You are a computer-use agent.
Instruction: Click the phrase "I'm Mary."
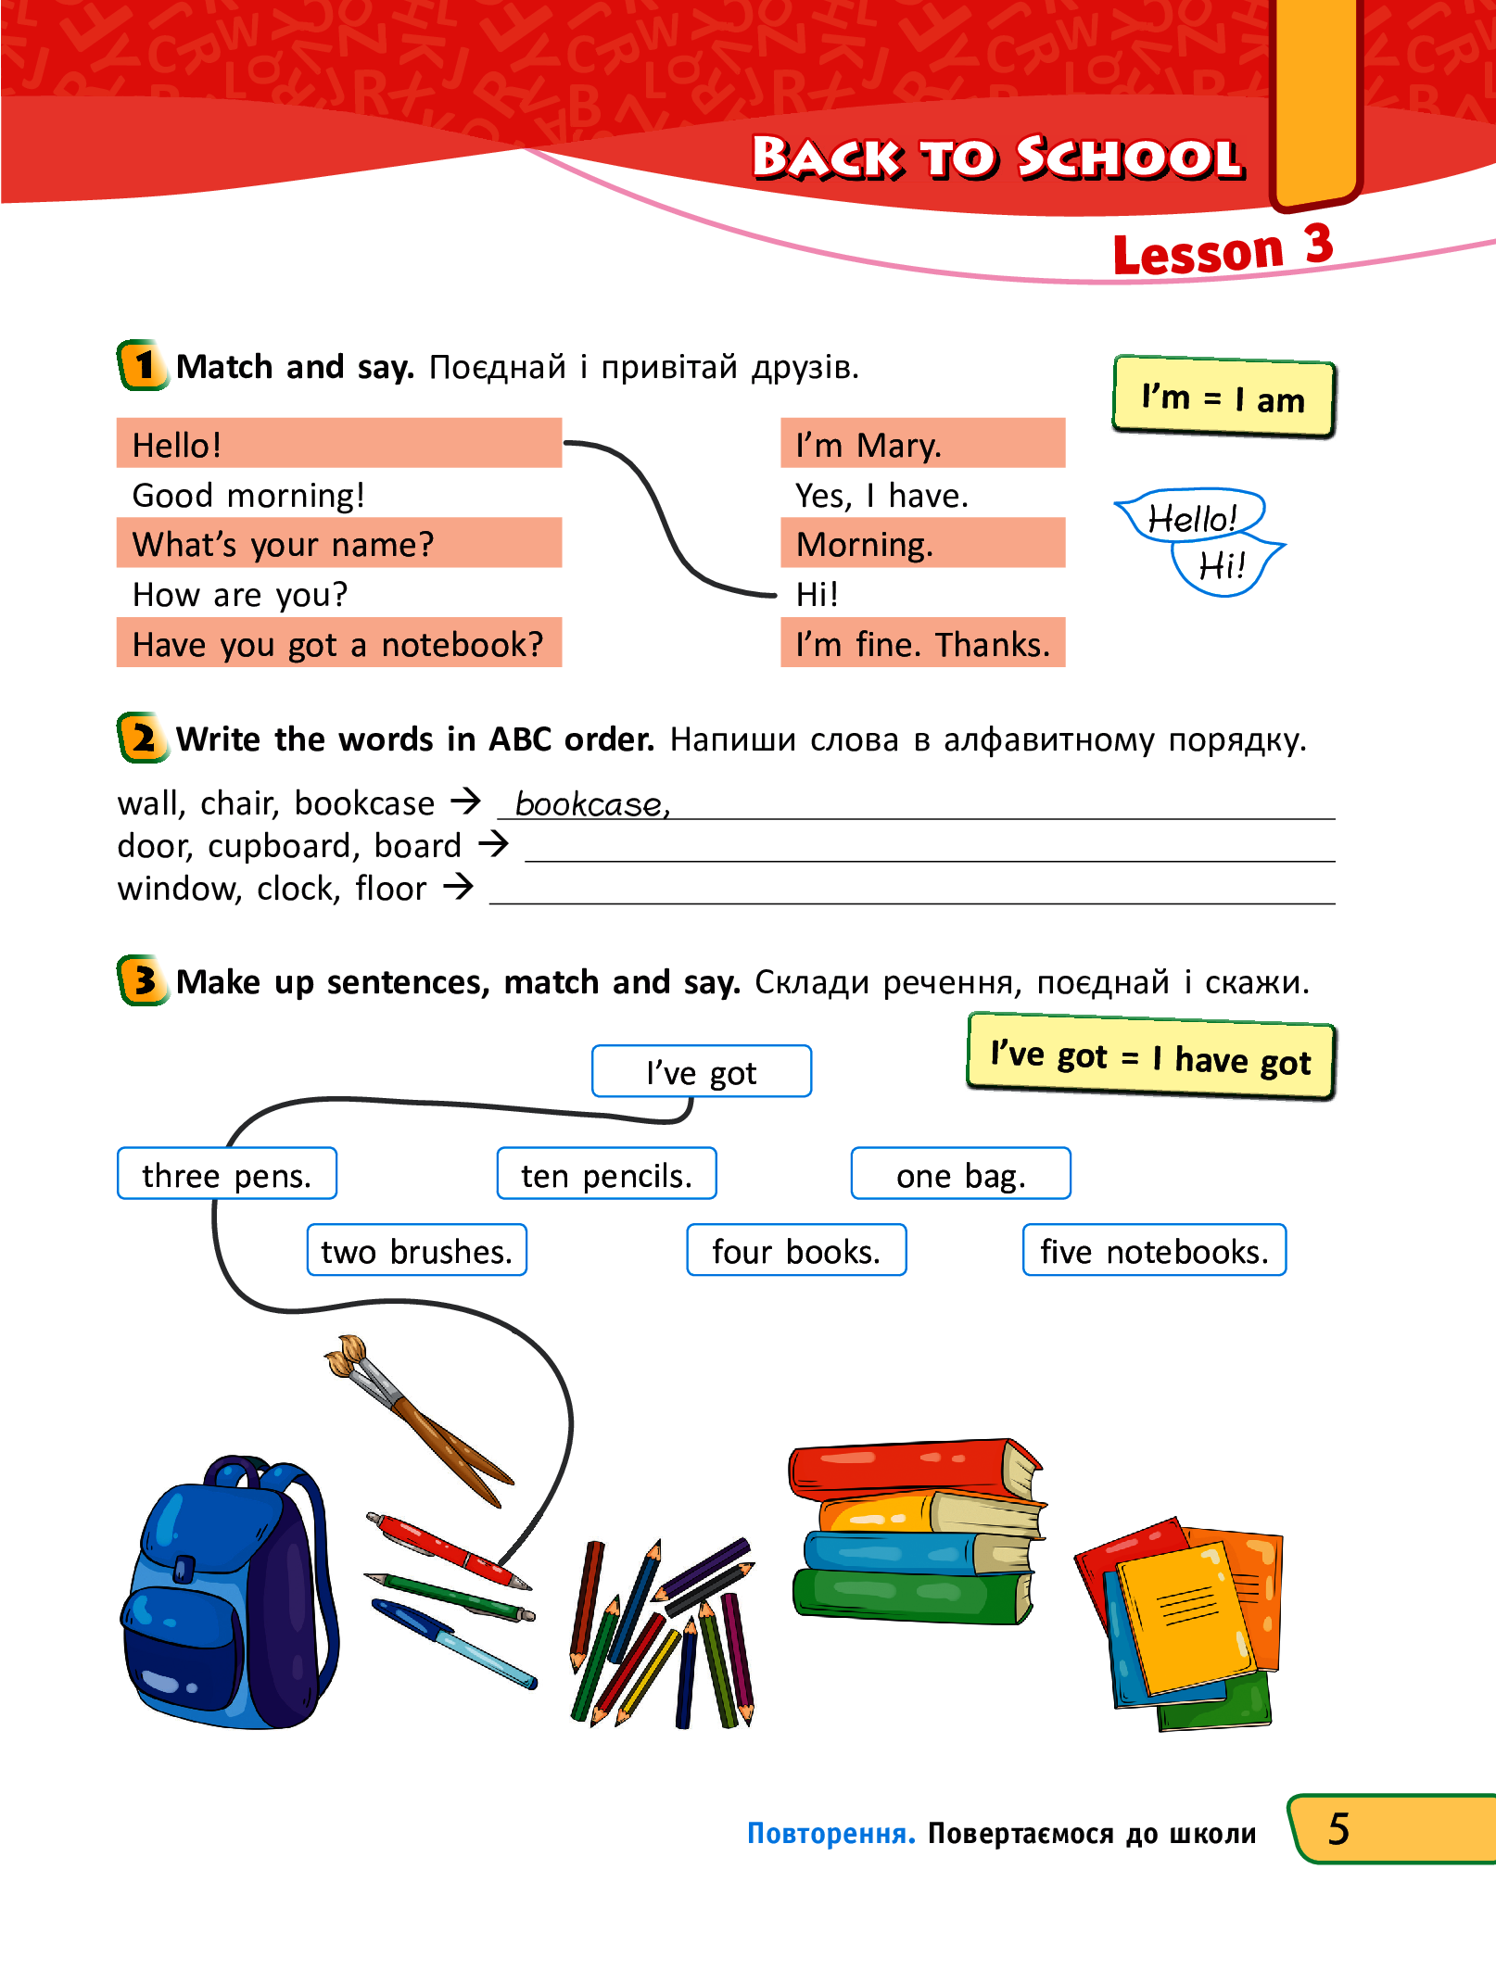868,446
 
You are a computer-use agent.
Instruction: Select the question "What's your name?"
283,544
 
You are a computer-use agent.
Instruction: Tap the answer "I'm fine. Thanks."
922,644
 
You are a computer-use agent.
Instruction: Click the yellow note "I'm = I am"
1223,398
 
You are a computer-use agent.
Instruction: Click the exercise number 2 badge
143,739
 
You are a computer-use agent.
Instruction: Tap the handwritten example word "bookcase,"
591,804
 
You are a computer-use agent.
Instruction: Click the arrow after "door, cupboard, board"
493,844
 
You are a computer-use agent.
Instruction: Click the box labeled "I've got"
701,1072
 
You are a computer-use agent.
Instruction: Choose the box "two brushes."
416,1251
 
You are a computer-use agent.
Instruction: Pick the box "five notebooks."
1154,1251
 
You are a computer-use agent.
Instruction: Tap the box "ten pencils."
606,1175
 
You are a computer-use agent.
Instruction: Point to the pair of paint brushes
417,1418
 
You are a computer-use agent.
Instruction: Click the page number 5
1338,1829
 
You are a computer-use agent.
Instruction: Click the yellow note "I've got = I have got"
1150,1057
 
